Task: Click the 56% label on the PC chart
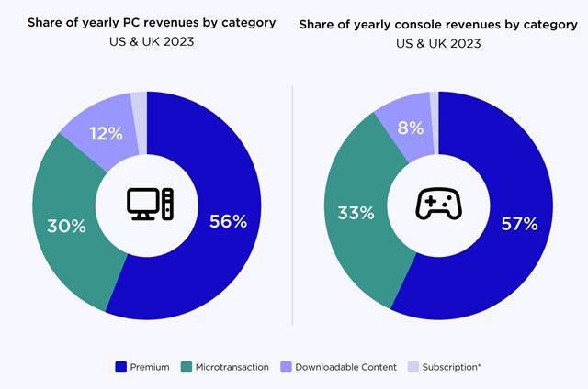[228, 220]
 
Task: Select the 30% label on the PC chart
[66, 223]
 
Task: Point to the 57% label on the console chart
[518, 223]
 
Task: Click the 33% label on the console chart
[355, 213]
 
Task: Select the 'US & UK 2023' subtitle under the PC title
[146, 42]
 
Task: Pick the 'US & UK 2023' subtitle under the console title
[438, 43]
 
